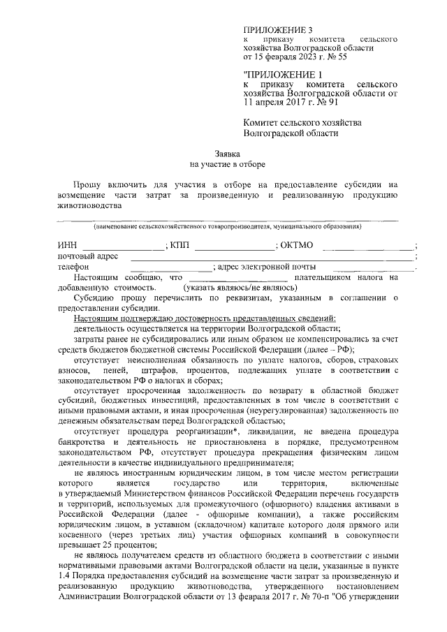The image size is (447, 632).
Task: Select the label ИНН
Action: point(67,245)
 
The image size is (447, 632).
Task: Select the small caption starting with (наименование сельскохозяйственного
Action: point(228,227)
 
